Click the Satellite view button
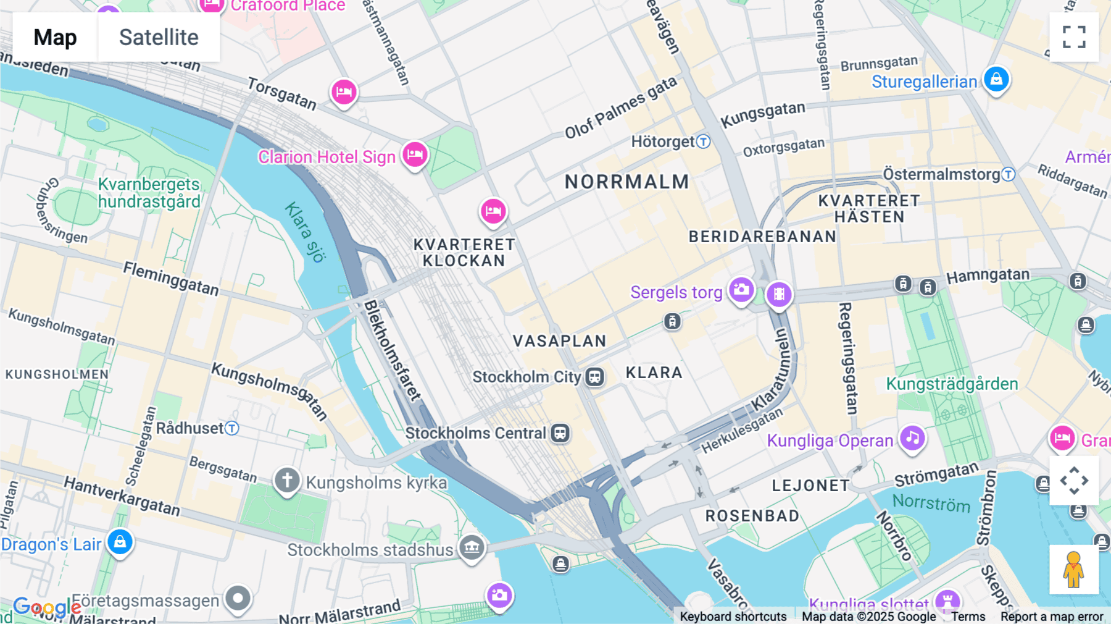[x=159, y=37]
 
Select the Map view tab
[x=55, y=37]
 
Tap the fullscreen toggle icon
[x=1074, y=37]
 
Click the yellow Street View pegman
[x=1074, y=570]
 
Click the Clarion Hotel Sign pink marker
[x=415, y=154]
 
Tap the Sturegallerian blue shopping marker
[x=996, y=79]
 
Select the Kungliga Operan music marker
[x=912, y=438]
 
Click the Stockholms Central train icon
[x=560, y=433]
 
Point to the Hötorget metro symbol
[x=703, y=141]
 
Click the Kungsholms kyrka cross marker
[x=287, y=480]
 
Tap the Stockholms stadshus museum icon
[x=472, y=547]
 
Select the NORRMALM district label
[x=626, y=182]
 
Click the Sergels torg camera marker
[x=741, y=289]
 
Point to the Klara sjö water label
[x=305, y=232]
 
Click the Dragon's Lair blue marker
[x=120, y=542]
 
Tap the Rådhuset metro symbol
[x=232, y=428]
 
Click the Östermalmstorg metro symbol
[x=1008, y=174]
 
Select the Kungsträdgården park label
[x=952, y=384]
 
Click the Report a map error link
[x=1052, y=617]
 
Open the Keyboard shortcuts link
[x=733, y=617]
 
